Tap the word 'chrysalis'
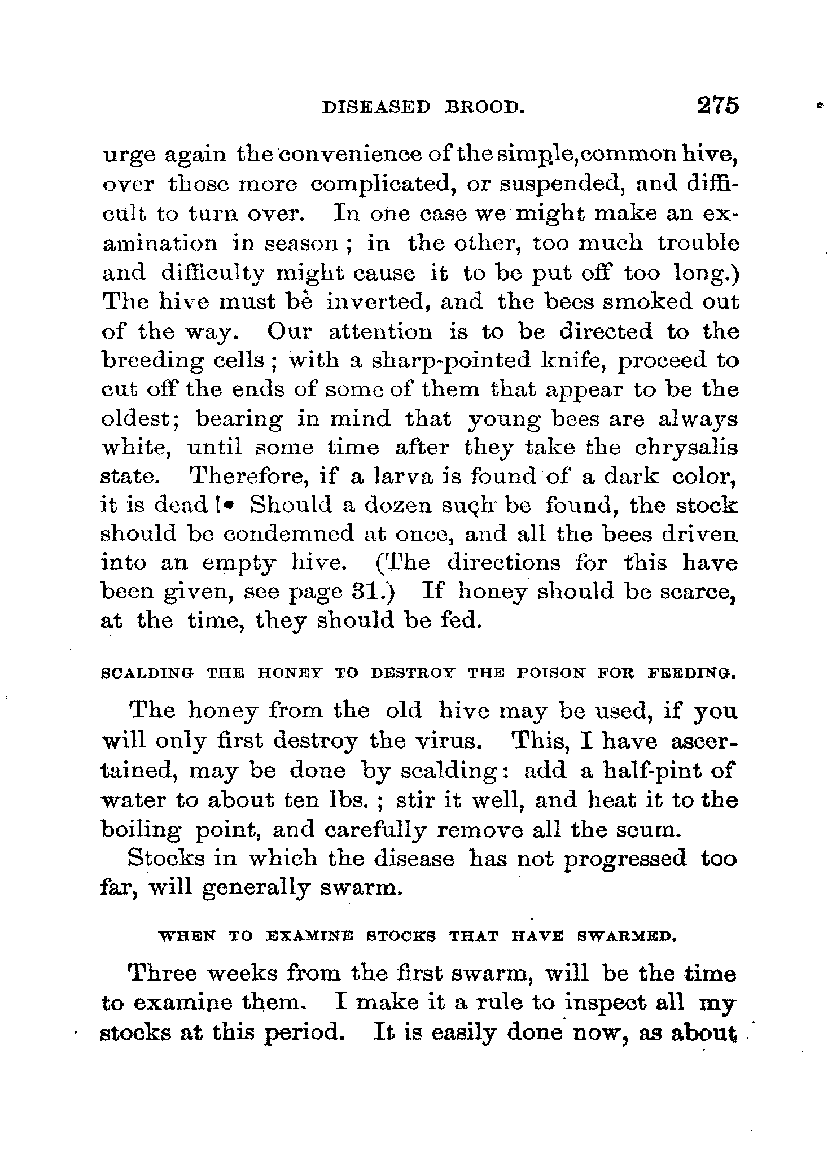[686, 448]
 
